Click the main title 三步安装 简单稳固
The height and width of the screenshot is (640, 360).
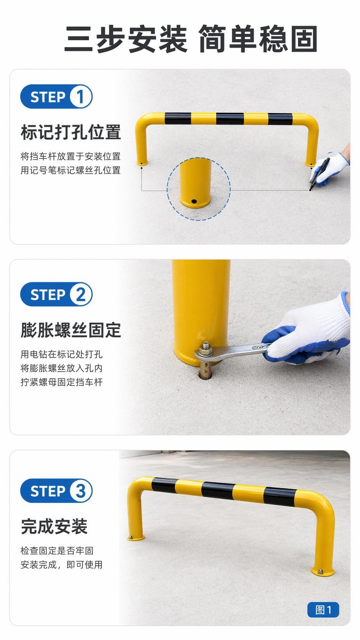(x=191, y=39)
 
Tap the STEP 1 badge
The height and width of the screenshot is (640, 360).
(x=56, y=96)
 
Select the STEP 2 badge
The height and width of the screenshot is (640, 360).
(x=56, y=294)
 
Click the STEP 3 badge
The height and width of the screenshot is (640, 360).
(x=56, y=491)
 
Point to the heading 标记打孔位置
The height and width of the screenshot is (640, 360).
(x=71, y=132)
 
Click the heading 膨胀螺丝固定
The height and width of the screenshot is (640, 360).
(x=71, y=330)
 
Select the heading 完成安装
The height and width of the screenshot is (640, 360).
(x=54, y=526)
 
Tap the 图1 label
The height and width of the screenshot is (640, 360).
(x=323, y=610)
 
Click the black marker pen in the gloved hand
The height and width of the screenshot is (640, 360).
(x=319, y=174)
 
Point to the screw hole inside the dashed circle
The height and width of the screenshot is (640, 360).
(x=194, y=201)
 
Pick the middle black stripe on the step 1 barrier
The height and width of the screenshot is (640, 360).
(x=230, y=119)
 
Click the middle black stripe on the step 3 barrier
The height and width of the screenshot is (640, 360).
(x=218, y=490)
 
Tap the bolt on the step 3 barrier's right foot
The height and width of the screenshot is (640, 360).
(x=321, y=571)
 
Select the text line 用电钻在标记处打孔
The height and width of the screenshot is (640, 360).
(x=61, y=354)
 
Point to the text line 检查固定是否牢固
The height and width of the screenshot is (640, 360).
(x=57, y=550)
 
